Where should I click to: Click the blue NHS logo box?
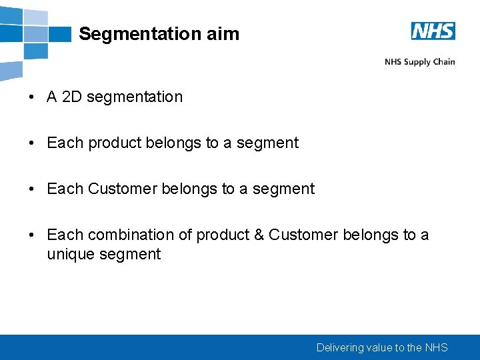pos(433,31)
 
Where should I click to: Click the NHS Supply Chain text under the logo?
pos(419,62)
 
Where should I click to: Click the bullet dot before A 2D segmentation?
pos(32,97)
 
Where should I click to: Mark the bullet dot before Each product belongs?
pos(32,143)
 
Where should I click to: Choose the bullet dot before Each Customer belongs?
pos(32,189)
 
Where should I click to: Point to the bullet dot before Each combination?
pos(32,235)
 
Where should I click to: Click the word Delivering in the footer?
pos(340,347)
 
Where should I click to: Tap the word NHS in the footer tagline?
pos(436,347)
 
